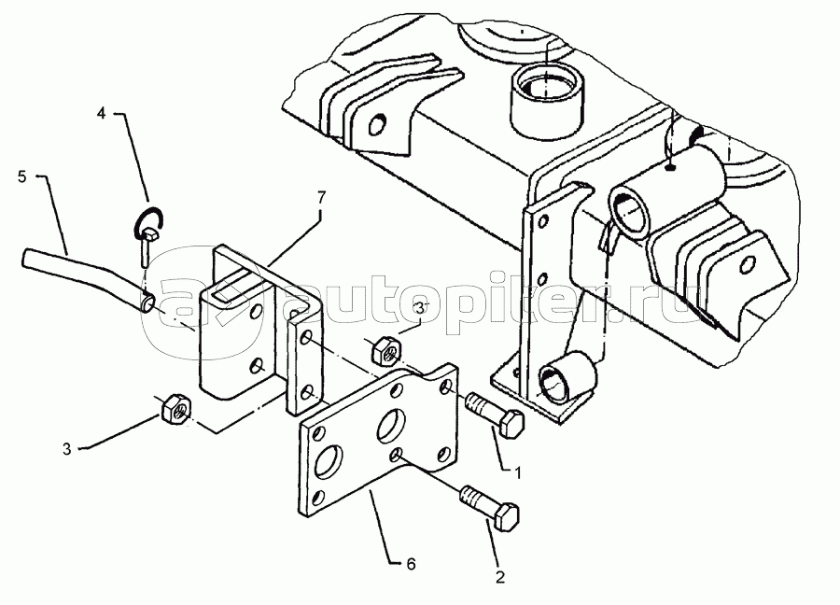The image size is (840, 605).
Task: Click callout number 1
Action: click(x=517, y=473)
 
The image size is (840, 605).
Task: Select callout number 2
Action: click(x=500, y=577)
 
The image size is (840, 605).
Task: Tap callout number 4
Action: click(x=101, y=113)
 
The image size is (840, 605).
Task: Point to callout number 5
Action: click(x=22, y=176)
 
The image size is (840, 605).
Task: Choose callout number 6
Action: click(x=411, y=564)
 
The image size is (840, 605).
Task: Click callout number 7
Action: click(x=320, y=198)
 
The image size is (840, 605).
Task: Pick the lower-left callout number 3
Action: click(x=66, y=449)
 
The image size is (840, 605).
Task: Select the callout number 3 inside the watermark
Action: click(x=420, y=308)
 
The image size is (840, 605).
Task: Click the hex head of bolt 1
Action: click(x=511, y=423)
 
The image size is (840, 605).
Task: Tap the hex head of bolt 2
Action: click(x=507, y=516)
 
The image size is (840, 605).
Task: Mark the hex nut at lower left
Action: click(x=175, y=409)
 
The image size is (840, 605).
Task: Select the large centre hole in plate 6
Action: click(x=393, y=426)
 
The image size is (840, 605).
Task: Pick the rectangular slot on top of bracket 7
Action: click(x=233, y=288)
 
